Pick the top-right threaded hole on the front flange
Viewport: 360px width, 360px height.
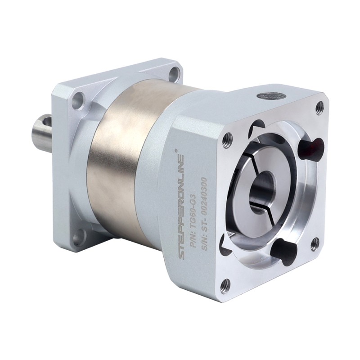(319, 107)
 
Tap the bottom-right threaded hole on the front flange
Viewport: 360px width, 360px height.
(315, 243)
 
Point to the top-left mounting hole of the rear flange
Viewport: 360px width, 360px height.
(79, 98)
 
